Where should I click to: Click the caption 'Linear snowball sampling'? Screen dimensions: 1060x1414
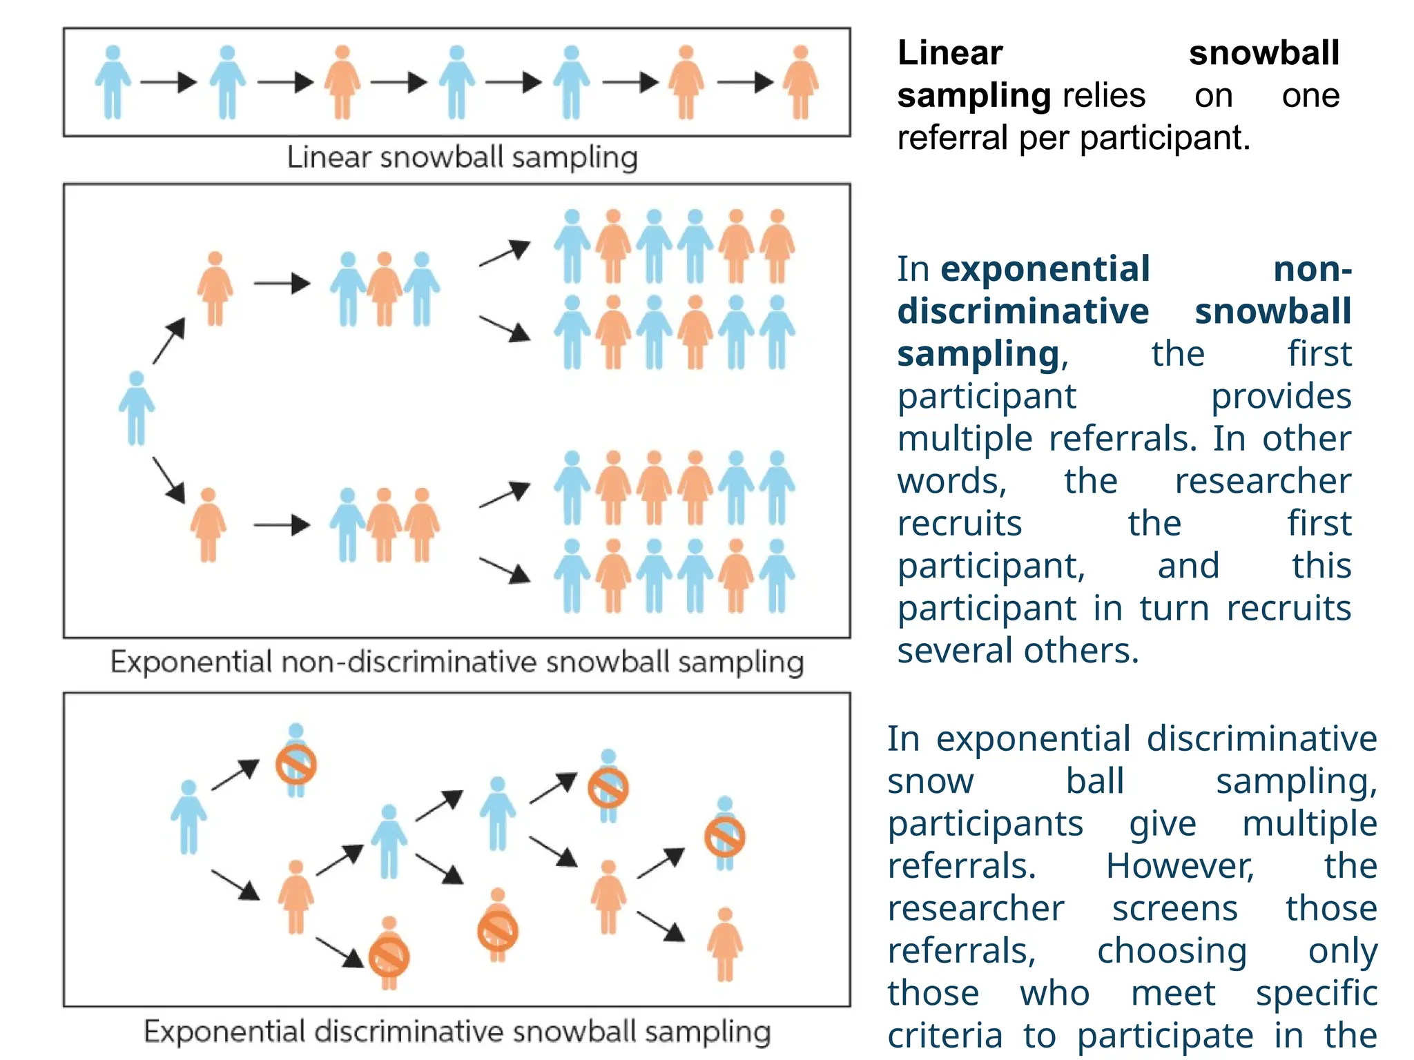point(462,157)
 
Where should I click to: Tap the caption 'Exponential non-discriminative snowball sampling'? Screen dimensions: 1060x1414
point(457,662)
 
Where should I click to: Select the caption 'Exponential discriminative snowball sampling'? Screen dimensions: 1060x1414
point(457,1032)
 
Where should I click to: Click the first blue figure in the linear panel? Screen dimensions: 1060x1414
point(113,83)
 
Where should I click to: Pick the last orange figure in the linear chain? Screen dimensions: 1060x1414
point(800,83)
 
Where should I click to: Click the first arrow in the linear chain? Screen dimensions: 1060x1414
point(169,83)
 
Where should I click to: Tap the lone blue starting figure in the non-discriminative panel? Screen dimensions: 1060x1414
point(137,409)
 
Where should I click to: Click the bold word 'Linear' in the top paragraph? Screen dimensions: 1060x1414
point(949,53)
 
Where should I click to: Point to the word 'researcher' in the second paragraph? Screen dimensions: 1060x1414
point(1262,481)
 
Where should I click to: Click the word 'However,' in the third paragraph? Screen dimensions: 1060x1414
point(1180,866)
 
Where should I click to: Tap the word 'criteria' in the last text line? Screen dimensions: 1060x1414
point(945,1036)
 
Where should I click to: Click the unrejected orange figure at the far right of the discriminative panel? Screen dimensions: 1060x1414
point(724,944)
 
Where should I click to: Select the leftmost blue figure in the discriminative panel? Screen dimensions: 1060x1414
point(188,818)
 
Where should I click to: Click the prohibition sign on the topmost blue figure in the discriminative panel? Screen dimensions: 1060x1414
point(296,765)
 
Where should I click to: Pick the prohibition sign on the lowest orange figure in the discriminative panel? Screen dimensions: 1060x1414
point(389,958)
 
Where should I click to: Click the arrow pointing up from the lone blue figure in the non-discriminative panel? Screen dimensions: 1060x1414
point(169,340)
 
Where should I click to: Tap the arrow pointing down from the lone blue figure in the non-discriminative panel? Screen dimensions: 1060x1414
point(169,480)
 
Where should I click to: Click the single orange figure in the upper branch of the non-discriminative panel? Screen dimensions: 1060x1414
point(215,288)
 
